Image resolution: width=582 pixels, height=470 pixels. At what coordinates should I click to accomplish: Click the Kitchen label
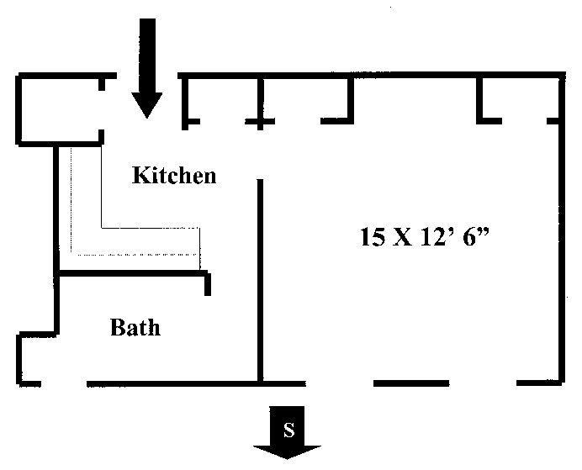(x=175, y=176)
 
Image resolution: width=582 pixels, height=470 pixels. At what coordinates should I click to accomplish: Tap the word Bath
(x=135, y=326)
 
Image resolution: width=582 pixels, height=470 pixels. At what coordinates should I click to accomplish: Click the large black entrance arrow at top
(x=148, y=63)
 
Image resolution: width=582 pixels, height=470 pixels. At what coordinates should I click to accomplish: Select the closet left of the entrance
(x=59, y=109)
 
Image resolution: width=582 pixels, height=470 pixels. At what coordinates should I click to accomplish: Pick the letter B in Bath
(x=119, y=326)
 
